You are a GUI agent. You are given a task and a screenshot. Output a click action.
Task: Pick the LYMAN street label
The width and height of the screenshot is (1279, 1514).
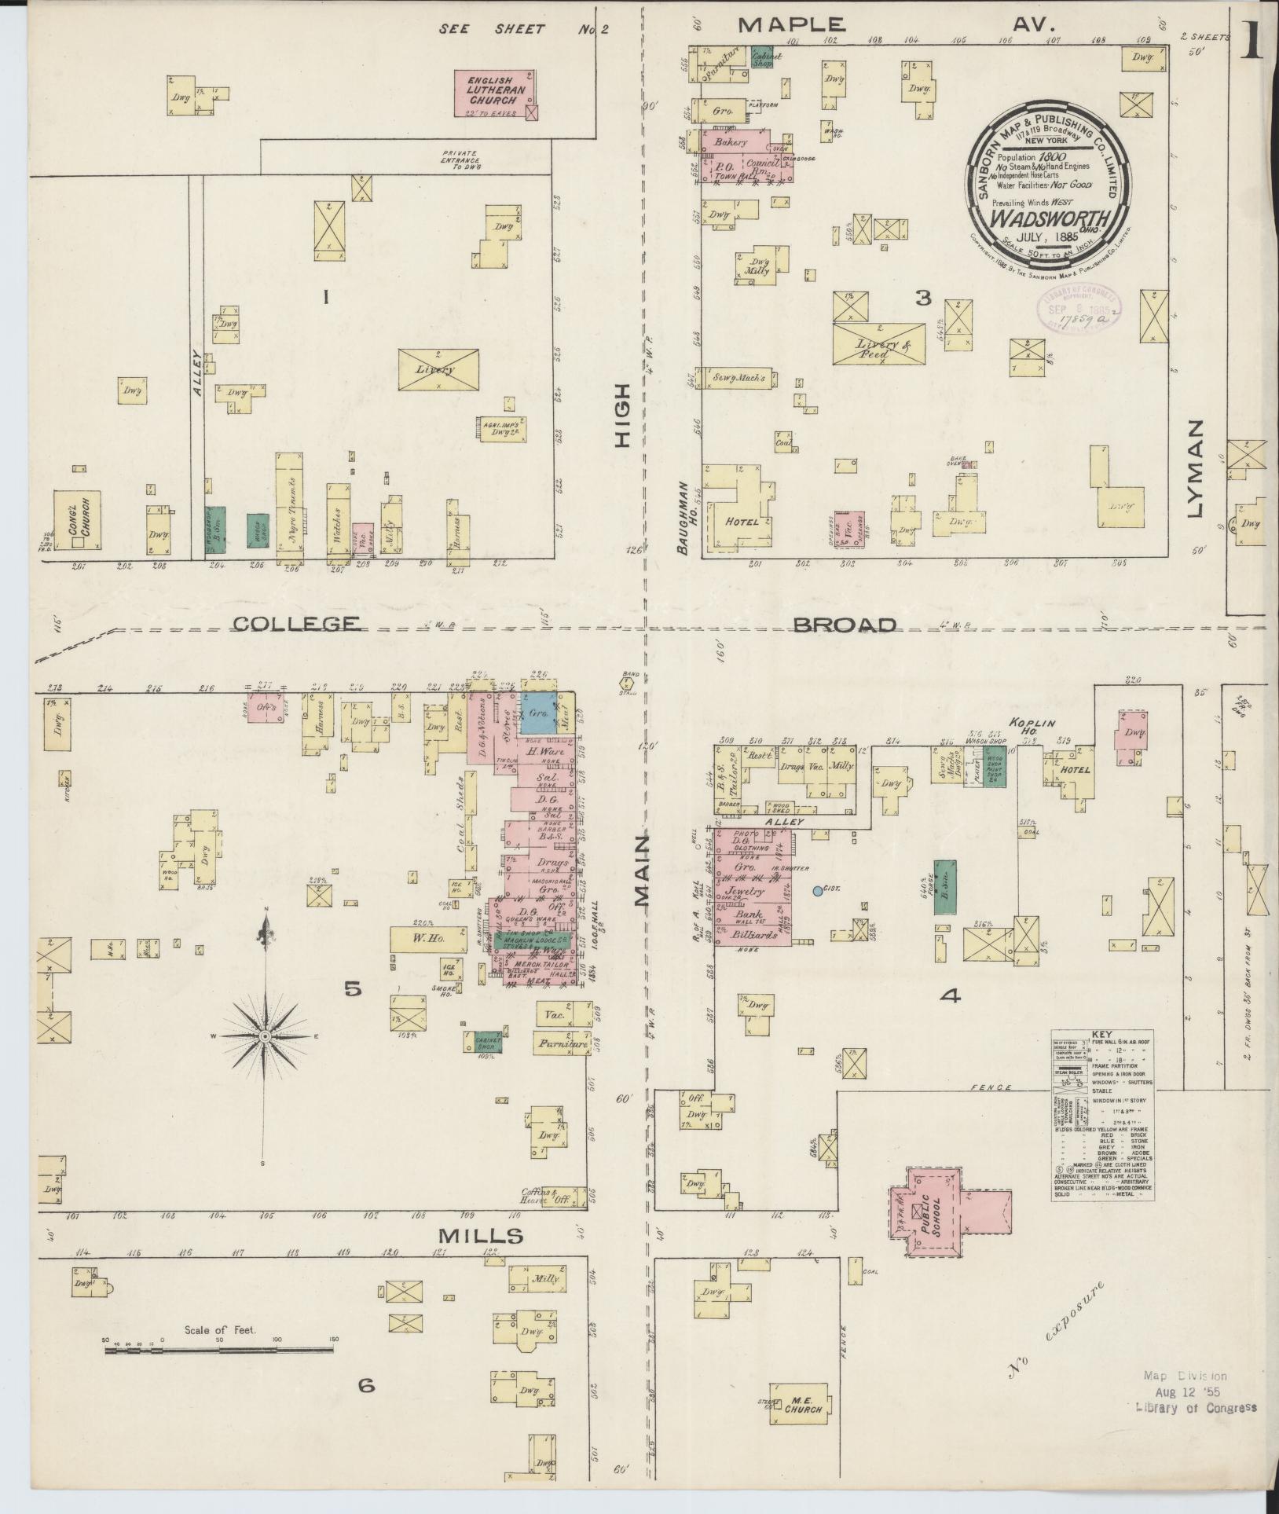1196,469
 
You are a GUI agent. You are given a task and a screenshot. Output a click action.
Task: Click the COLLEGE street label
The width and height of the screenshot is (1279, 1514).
298,624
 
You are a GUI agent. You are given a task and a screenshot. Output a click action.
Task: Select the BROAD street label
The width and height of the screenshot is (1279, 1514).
845,625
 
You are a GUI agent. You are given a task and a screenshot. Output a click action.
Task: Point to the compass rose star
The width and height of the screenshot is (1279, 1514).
266,1037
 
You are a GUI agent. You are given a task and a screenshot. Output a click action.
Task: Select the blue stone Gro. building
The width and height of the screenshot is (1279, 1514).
540,713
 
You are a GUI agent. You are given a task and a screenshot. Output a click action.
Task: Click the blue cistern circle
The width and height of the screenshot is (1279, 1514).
818,891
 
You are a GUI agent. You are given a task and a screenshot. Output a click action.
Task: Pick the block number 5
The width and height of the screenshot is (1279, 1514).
352,989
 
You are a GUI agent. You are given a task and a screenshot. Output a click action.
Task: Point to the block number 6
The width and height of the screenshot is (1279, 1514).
366,1408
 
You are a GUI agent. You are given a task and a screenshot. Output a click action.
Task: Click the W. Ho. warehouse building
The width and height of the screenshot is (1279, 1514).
428,938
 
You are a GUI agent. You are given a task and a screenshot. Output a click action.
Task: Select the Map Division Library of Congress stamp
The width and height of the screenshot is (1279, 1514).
1194,1391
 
